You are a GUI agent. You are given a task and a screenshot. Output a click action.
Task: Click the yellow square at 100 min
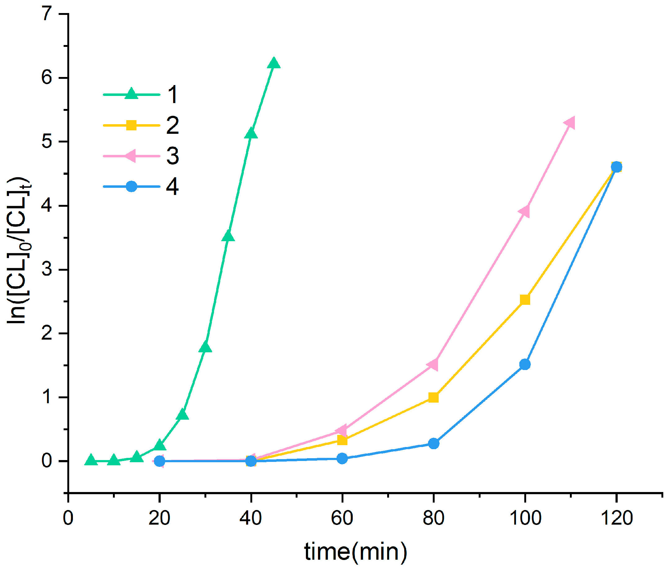525,300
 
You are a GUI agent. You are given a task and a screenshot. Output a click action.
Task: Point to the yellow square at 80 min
434,398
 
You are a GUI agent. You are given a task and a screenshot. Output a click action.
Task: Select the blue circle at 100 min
525,365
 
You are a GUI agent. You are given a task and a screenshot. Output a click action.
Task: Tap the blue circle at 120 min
616,167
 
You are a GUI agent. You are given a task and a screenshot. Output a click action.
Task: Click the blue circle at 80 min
434,444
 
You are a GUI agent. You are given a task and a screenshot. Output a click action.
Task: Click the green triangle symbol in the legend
131,94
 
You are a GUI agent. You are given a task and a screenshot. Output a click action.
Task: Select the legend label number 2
172,126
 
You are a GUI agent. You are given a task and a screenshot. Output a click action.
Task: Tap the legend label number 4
172,187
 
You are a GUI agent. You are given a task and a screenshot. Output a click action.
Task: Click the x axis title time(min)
356,552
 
